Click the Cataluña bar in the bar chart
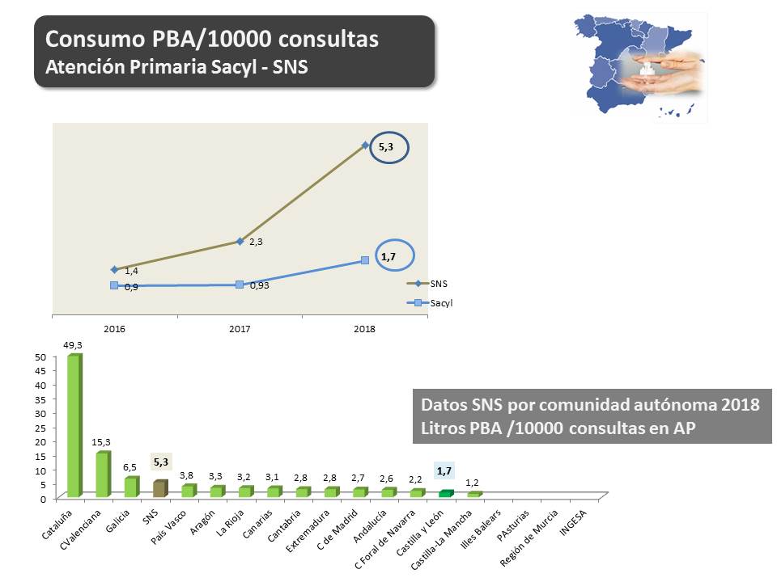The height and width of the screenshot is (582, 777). [74, 426]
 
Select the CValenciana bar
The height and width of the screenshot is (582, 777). [102, 474]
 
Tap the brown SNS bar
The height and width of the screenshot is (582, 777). [160, 488]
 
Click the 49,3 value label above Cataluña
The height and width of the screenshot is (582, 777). [74, 344]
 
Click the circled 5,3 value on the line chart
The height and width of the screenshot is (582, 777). [386, 147]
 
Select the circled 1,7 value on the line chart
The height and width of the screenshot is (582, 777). [388, 257]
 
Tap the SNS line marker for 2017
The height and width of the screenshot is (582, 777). [240, 241]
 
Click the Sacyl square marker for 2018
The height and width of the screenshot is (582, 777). [365, 259]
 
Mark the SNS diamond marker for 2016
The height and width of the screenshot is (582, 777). [115, 269]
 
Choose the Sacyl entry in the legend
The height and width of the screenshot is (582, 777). [433, 303]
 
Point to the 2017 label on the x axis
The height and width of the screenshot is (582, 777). [240, 329]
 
